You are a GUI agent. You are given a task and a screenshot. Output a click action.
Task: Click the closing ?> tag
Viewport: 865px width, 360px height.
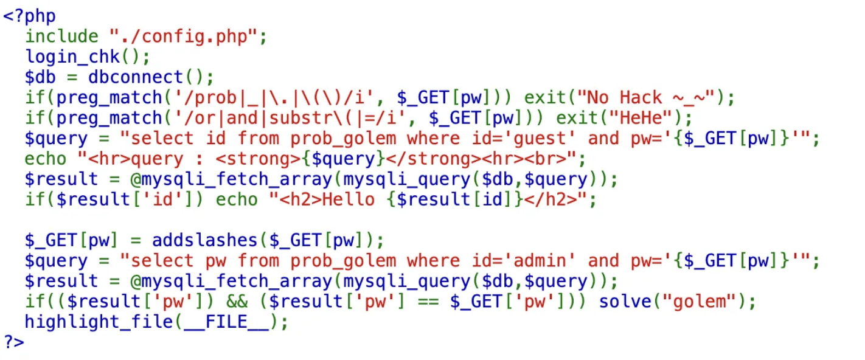14,342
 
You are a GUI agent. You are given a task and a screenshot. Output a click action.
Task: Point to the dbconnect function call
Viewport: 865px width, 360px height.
135,77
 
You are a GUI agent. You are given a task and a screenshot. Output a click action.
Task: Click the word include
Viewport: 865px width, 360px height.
61,36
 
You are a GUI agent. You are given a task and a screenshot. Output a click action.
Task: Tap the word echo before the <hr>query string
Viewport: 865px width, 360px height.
46,159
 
